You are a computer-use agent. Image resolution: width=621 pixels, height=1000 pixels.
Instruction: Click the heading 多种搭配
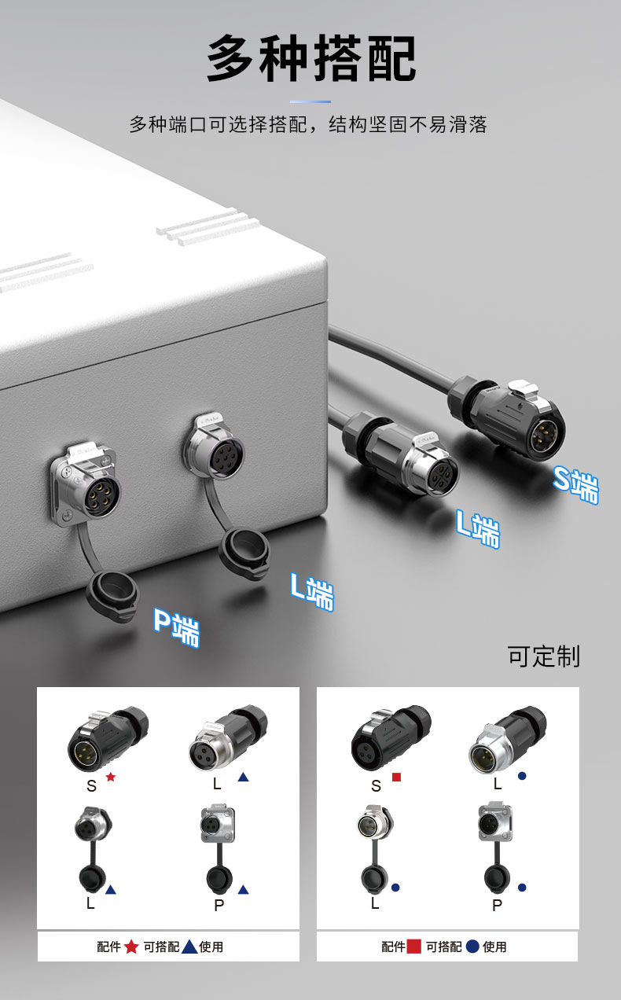311,59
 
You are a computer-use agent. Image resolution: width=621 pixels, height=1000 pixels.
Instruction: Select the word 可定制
543,656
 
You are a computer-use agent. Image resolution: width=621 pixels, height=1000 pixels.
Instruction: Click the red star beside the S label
111,777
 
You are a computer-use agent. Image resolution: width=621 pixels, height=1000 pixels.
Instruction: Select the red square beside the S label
396,777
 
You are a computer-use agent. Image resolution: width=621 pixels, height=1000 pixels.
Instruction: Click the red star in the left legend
130,947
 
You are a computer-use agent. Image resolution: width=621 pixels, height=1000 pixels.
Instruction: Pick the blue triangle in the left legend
189,947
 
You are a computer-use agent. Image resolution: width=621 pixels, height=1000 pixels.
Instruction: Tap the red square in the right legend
414,947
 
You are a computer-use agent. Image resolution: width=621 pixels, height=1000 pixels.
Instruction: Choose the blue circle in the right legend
472,947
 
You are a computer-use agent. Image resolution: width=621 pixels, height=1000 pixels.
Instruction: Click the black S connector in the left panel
106,740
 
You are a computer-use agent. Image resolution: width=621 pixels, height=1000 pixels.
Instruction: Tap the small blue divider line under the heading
310,101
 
